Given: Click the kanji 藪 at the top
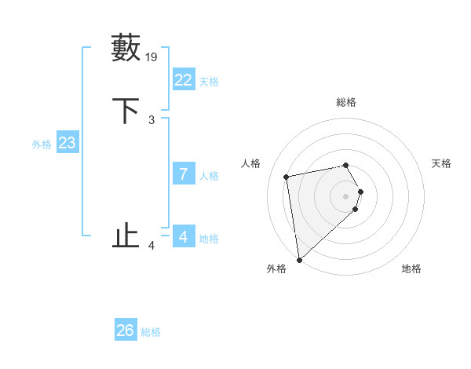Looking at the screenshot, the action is tap(126, 48).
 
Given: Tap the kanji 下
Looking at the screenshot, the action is tap(126, 111).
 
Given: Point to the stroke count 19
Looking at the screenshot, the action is tap(152, 57).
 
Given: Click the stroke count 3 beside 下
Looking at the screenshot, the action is tap(152, 119).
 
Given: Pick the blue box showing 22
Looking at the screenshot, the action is tap(184, 80).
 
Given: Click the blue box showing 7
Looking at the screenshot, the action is tap(184, 174).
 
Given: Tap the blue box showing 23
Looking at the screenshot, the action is tap(67, 143).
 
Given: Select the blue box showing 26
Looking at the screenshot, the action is tap(126, 331).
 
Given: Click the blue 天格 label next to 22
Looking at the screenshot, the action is tap(208, 82).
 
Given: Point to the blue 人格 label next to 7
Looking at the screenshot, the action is tap(209, 176).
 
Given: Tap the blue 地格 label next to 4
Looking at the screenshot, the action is tap(209, 239).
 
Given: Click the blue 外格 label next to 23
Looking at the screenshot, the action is tap(42, 144).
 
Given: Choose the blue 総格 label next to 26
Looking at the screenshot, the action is tap(151, 332).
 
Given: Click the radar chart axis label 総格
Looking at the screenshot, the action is tap(346, 102).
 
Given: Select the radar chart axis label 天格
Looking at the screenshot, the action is tap(442, 163).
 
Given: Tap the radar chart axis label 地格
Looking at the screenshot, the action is tap(411, 269).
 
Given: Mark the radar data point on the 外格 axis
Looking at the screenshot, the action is tap(299, 259).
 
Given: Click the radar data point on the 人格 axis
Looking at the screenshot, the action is tap(287, 176).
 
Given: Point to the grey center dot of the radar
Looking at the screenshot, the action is tap(346, 195).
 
